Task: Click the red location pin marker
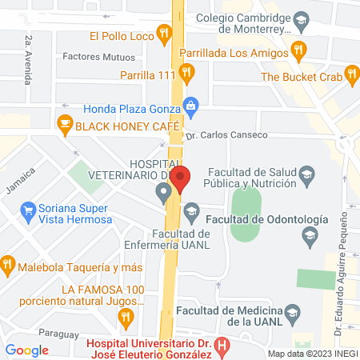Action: click(x=181, y=178)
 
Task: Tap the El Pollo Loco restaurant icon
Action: click(x=164, y=34)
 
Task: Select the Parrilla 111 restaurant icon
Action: click(x=186, y=74)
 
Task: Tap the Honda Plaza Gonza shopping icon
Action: click(x=190, y=105)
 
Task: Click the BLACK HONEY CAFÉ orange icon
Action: click(x=65, y=125)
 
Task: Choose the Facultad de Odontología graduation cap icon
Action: click(x=310, y=235)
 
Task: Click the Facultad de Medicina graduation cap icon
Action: click(x=294, y=313)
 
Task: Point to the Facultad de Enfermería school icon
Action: click(x=190, y=211)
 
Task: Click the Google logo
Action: click(x=26, y=350)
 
